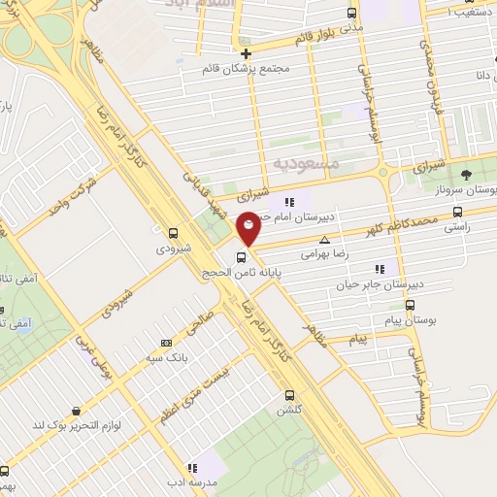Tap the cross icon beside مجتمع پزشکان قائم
[247, 53]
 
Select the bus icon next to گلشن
[289, 395]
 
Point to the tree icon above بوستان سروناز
[467, 175]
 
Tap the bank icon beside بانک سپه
[166, 343]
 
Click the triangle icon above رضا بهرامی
[324, 239]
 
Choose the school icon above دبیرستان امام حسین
[289, 202]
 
